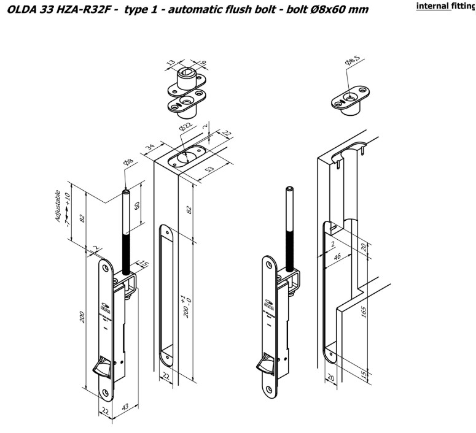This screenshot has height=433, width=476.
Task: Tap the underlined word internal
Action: tap(434, 7)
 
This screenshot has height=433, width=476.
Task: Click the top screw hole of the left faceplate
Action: tap(106, 267)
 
